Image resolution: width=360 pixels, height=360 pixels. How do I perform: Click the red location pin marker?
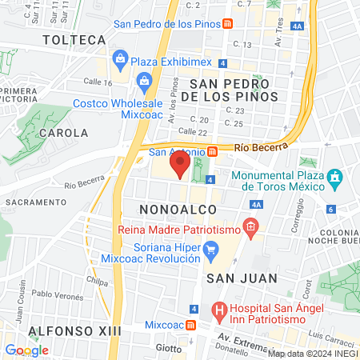(x=181, y=166)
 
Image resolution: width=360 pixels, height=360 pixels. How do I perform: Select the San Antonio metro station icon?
(x=212, y=151)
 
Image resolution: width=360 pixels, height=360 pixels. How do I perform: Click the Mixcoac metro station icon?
(x=190, y=326)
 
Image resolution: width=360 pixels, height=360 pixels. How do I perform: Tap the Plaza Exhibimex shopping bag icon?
(x=121, y=58)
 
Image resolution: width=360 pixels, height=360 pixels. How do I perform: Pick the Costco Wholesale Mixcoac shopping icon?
(x=145, y=80)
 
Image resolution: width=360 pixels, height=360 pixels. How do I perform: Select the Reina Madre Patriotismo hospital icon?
(x=250, y=228)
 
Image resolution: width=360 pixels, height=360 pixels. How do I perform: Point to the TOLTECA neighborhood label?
(x=74, y=39)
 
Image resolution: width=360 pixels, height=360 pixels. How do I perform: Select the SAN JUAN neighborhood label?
(x=242, y=278)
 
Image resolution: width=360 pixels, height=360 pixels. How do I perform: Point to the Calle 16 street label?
(x=97, y=82)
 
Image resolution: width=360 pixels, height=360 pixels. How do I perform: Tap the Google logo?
(x=26, y=350)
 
